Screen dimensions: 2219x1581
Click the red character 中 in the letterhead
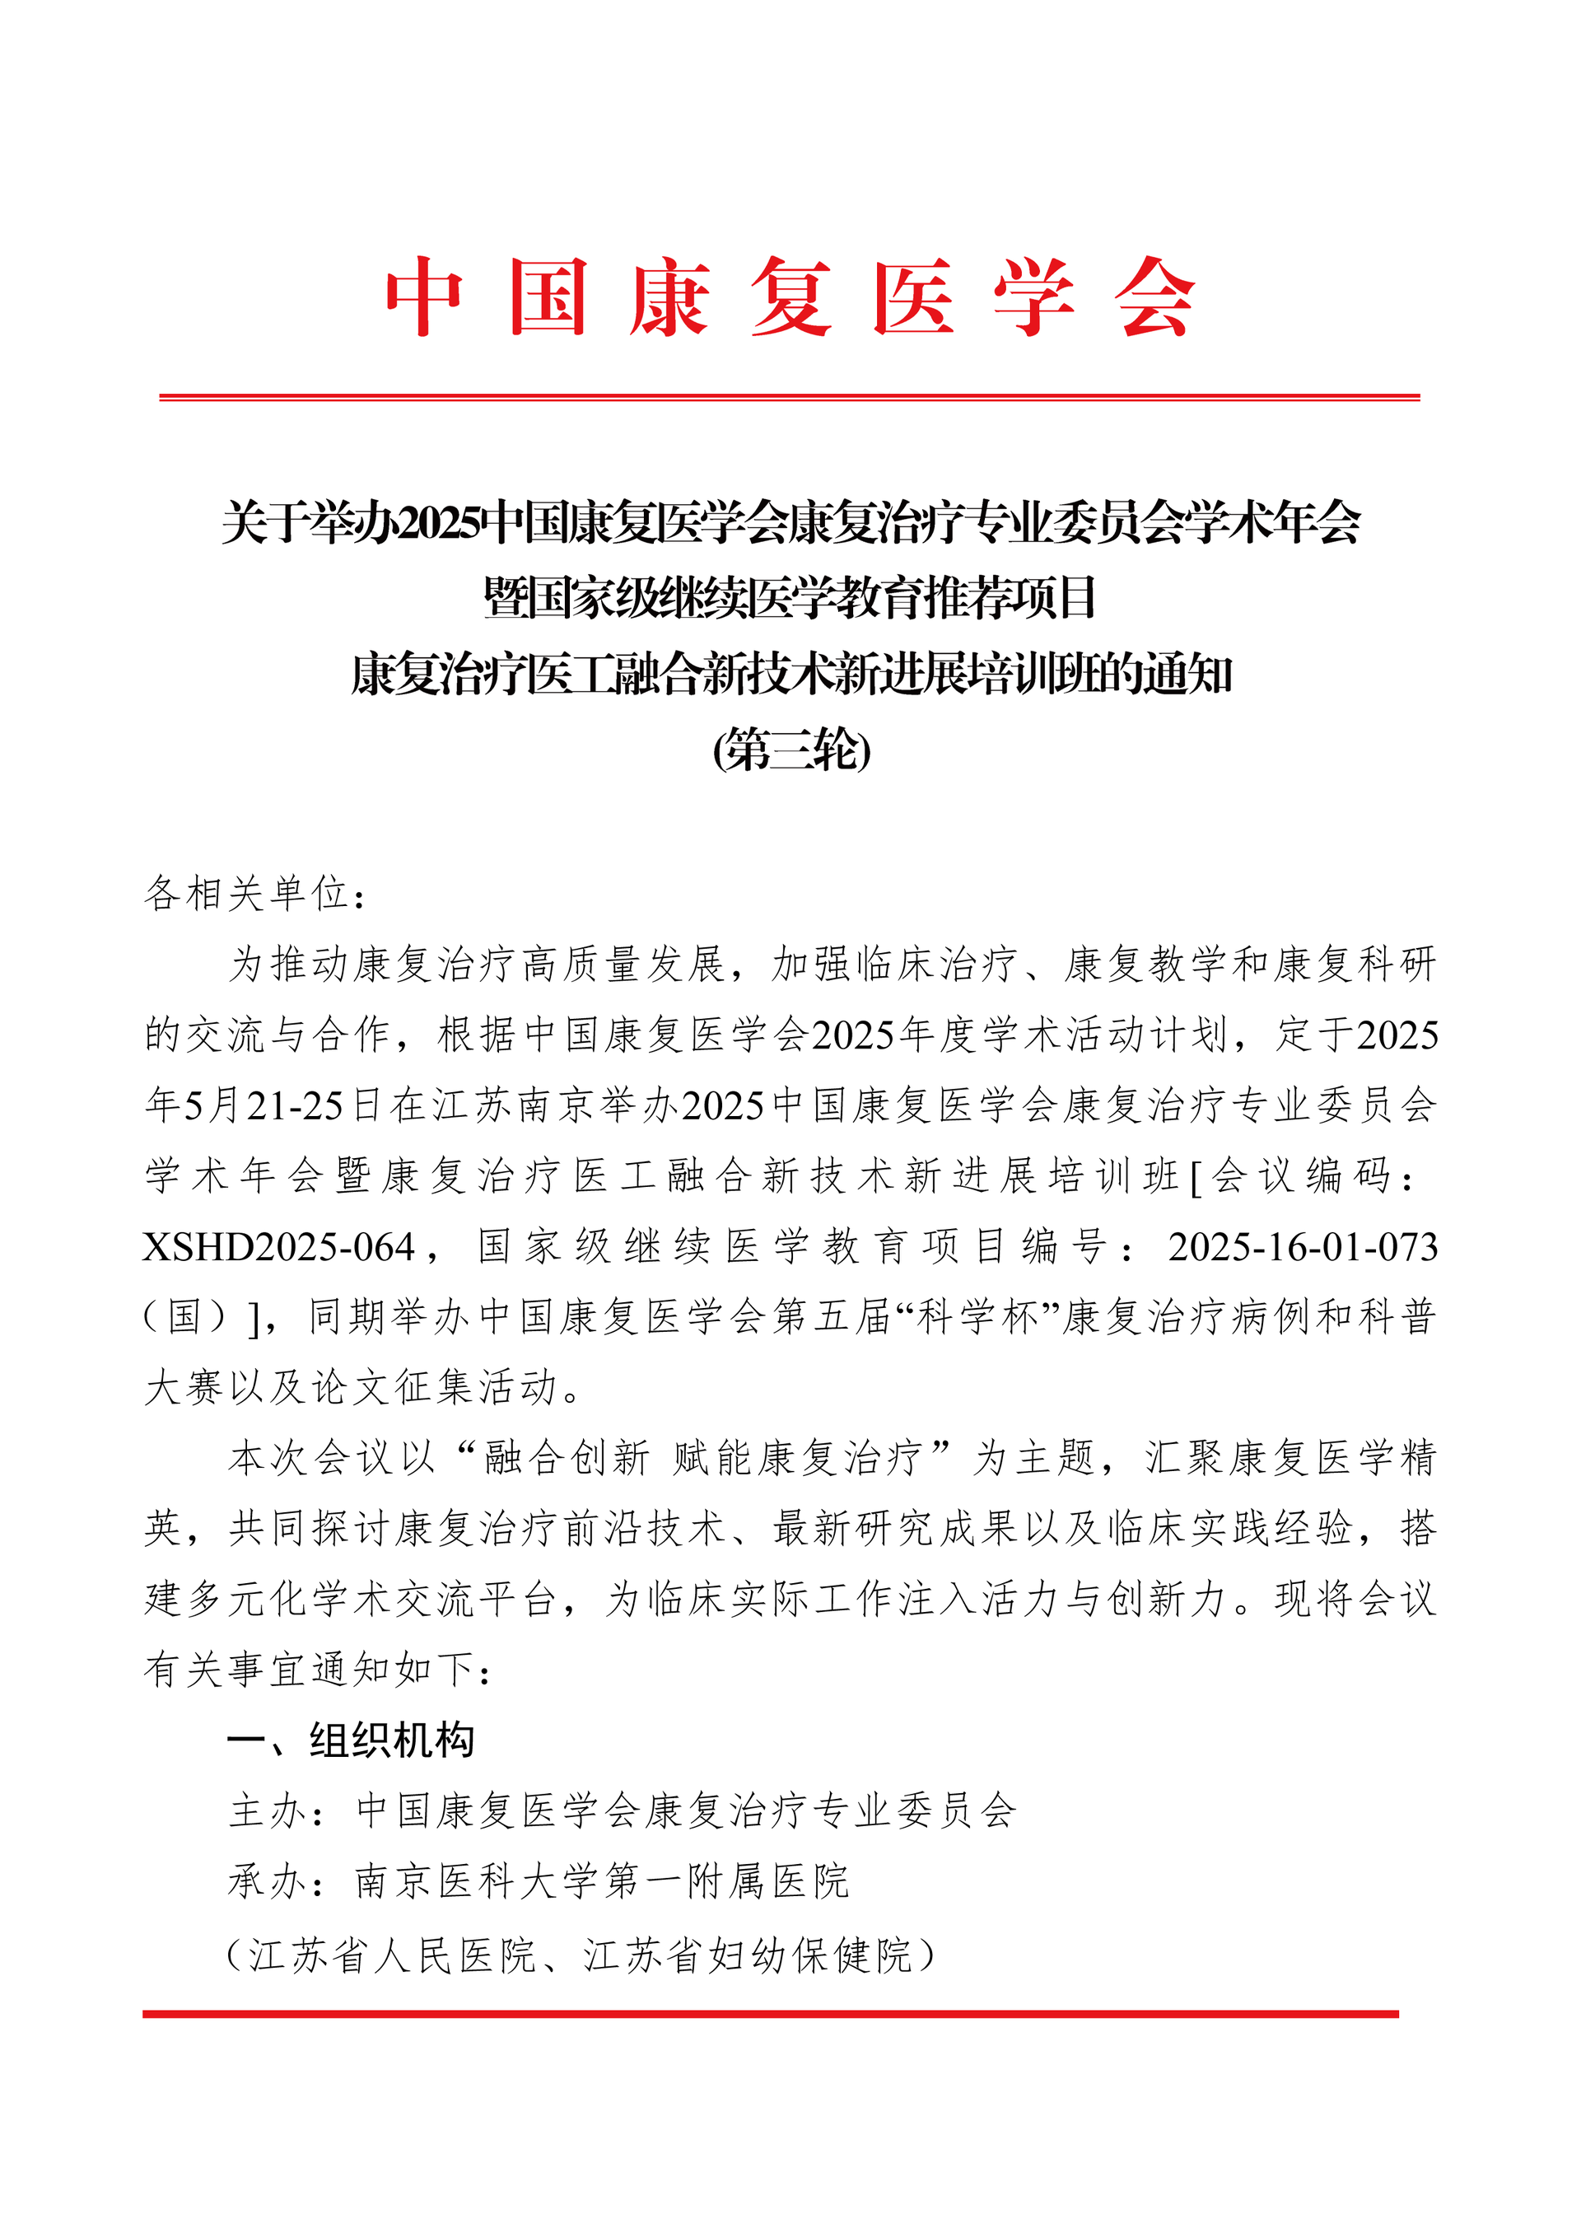click(424, 297)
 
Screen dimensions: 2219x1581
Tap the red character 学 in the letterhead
click(1034, 297)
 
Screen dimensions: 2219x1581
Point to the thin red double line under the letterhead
click(789, 397)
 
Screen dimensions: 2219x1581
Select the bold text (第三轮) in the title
click(790, 750)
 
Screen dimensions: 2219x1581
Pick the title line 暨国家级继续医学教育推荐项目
click(790, 598)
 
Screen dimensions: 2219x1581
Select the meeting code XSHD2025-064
click(279, 1247)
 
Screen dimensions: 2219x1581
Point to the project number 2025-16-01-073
click(1303, 1247)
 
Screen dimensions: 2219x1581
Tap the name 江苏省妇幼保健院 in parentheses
click(748, 1952)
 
